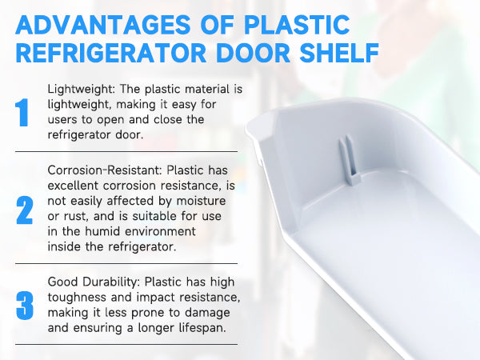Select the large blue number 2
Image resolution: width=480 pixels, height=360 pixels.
[x=24, y=209]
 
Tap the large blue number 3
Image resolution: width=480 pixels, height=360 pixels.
[x=24, y=306]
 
